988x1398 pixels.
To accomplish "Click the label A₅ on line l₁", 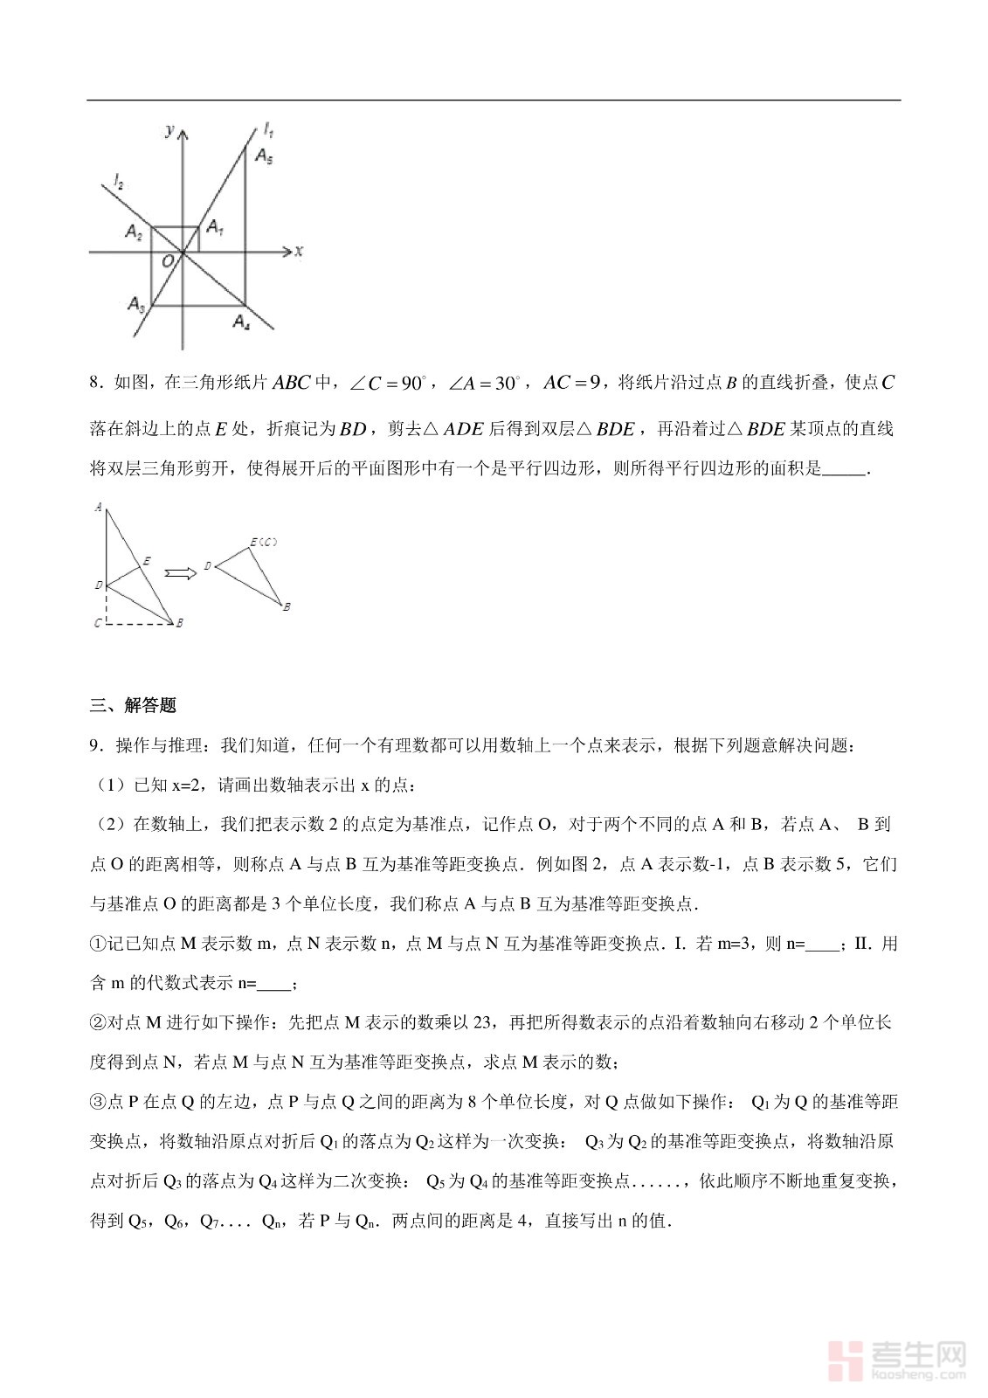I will (264, 156).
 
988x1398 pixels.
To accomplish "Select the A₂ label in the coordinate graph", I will (134, 232).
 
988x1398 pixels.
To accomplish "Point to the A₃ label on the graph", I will (135, 303).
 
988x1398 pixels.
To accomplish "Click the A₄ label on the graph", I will (242, 322).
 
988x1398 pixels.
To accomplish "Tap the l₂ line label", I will (118, 183).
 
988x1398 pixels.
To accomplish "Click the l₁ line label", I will (269, 131).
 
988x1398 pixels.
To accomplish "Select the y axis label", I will (169, 130).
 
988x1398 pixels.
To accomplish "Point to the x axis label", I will (299, 251).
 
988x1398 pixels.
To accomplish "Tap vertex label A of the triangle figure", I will (98, 507).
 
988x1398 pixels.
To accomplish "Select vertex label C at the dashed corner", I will (98, 623).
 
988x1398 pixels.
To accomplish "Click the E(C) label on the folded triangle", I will (263, 543).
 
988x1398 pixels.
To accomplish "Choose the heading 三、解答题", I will (133, 705).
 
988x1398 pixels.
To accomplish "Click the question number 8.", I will (95, 383).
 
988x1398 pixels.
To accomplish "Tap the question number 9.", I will (95, 745).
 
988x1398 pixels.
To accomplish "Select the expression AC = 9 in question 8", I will (571, 382).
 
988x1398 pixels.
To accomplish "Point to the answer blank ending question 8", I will (844, 469).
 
